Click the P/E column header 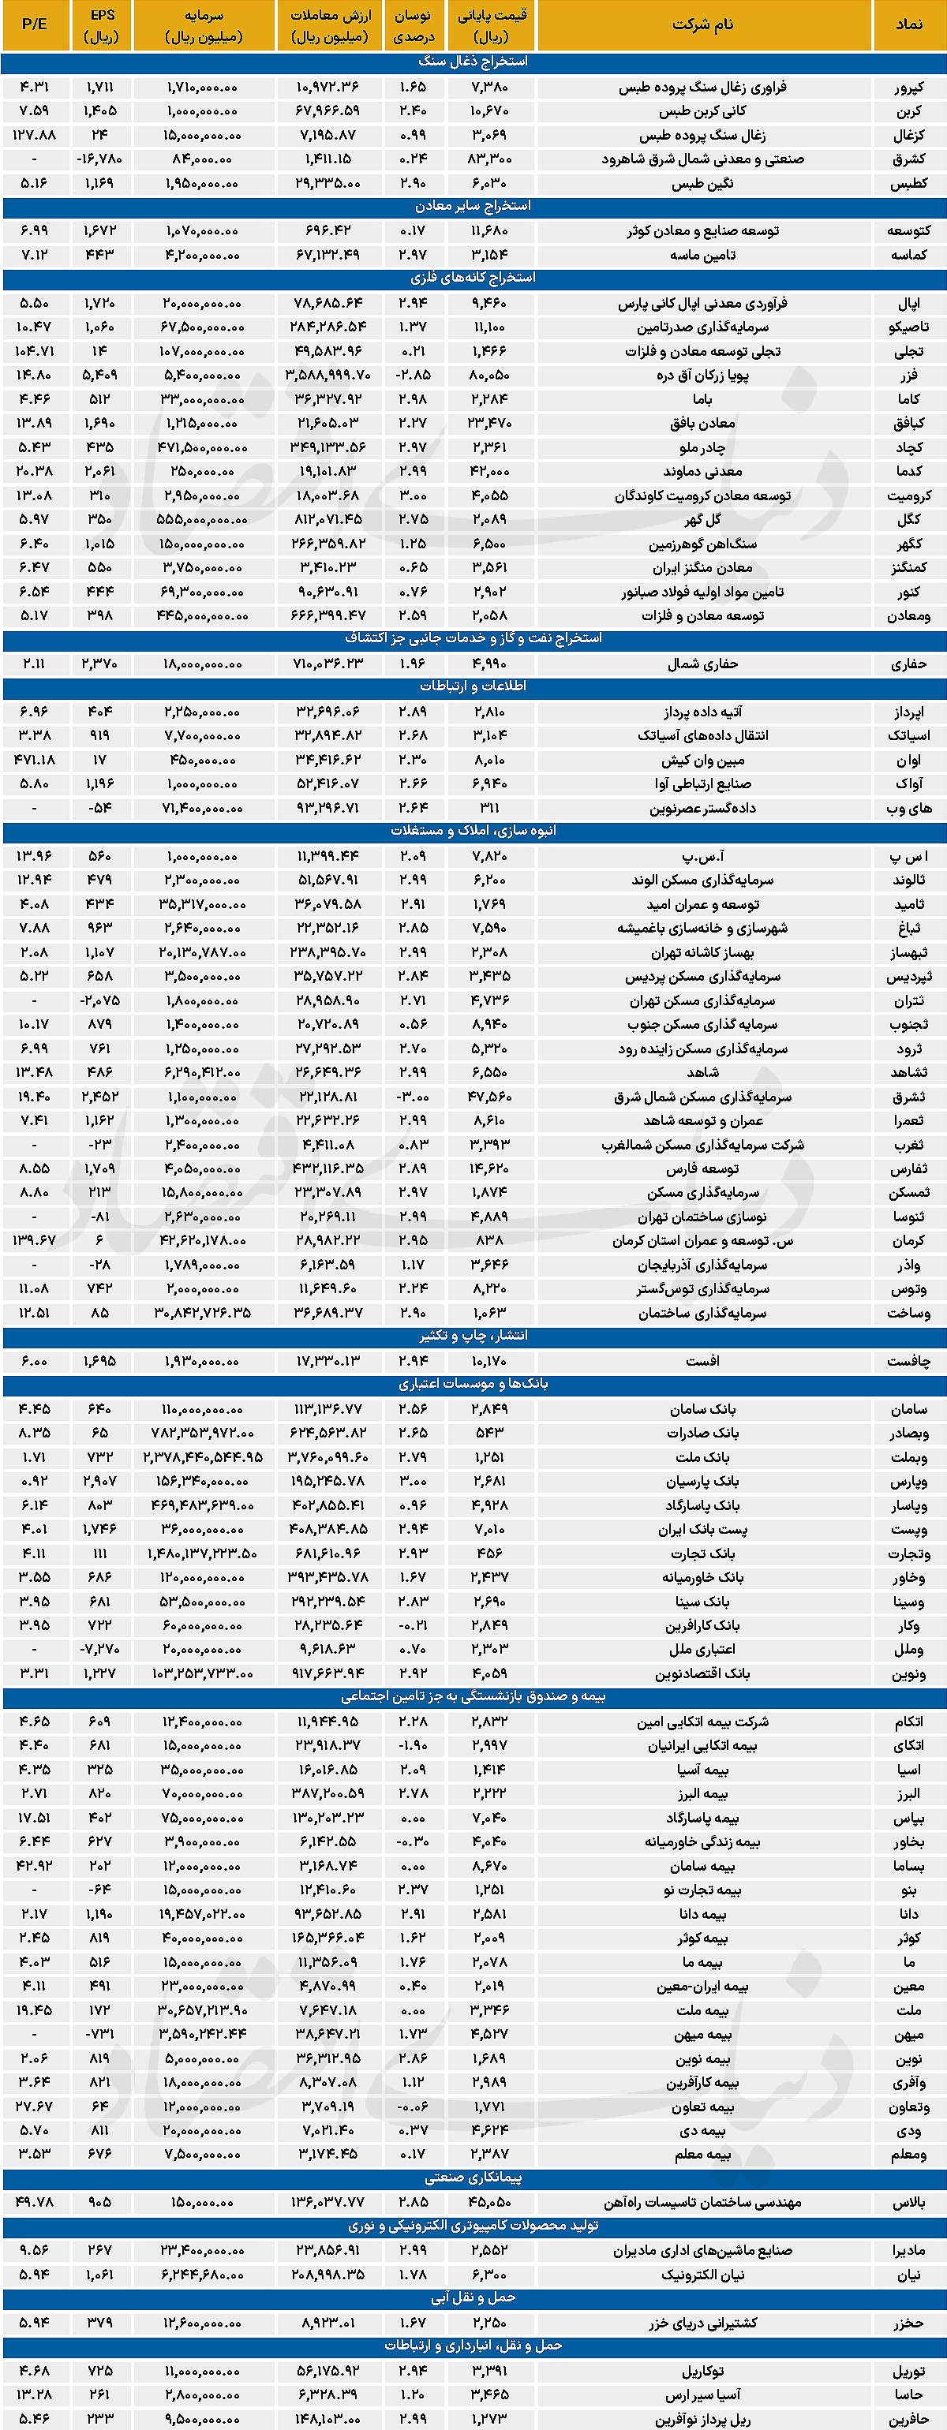pyautogui.click(x=34, y=24)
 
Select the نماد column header pyautogui.click(x=908, y=24)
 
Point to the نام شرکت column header pyautogui.click(x=702, y=24)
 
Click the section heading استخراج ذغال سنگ pyautogui.click(x=473, y=62)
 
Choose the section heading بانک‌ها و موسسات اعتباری pyautogui.click(x=473, y=1384)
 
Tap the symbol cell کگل pyautogui.click(x=908, y=520)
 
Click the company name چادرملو pyautogui.click(x=702, y=448)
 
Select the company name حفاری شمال pyautogui.click(x=702, y=664)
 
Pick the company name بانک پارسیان pyautogui.click(x=702, y=1481)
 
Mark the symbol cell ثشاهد pyautogui.click(x=908, y=1072)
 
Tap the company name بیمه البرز pyautogui.click(x=702, y=1793)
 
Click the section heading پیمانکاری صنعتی pyautogui.click(x=473, y=2178)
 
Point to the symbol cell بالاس pyautogui.click(x=908, y=2203)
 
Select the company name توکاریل pyautogui.click(x=702, y=2371)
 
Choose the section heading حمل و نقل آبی pyautogui.click(x=473, y=2298)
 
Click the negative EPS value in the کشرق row pyautogui.click(x=100, y=159)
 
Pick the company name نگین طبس pyautogui.click(x=702, y=184)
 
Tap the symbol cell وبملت pyautogui.click(x=908, y=1457)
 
